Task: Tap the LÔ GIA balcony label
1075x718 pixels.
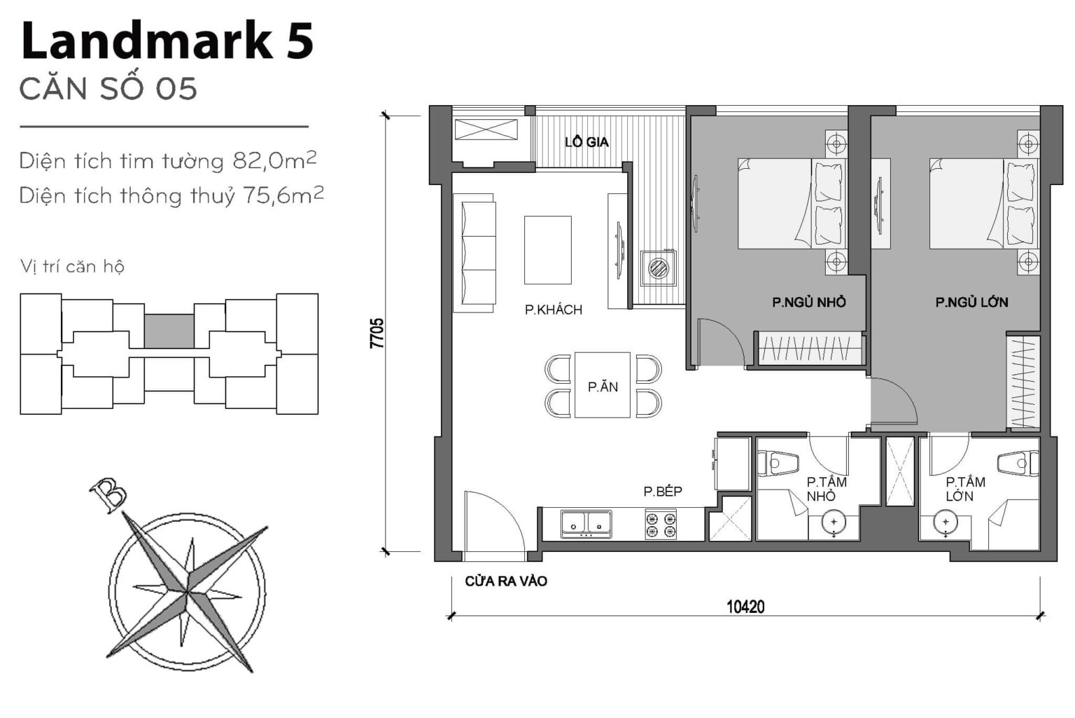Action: (586, 142)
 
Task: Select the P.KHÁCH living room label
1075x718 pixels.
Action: (553, 310)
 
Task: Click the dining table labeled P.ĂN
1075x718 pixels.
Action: (602, 385)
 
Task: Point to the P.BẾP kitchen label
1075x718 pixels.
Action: (662, 492)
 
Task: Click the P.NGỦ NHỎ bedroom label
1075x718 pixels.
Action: (808, 302)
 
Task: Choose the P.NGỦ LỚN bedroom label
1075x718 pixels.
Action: (971, 302)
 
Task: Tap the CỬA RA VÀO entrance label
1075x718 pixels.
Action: (505, 581)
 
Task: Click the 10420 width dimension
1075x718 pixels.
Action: (745, 607)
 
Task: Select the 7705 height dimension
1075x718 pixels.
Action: (377, 333)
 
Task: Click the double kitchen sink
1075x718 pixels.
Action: (586, 524)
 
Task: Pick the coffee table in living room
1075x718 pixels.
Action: (547, 250)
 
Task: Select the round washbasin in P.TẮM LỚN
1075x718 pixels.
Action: (945, 523)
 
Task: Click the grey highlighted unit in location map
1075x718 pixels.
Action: (169, 331)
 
